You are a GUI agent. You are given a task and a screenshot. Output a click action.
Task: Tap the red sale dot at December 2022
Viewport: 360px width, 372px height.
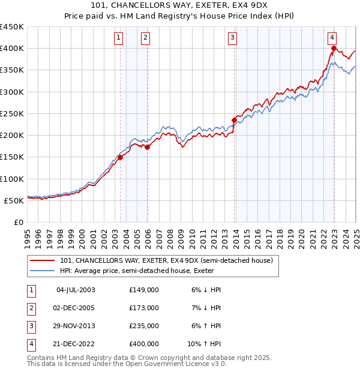[334, 49]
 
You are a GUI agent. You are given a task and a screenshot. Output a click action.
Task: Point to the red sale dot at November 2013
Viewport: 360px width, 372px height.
[234, 120]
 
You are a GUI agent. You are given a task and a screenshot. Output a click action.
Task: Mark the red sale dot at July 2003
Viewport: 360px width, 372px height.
[120, 157]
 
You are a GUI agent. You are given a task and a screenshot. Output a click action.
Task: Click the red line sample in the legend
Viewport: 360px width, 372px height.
[42, 260]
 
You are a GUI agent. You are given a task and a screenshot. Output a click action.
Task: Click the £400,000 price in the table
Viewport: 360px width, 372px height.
[144, 344]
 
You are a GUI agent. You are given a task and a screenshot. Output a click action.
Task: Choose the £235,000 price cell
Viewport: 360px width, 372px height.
[144, 326]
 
